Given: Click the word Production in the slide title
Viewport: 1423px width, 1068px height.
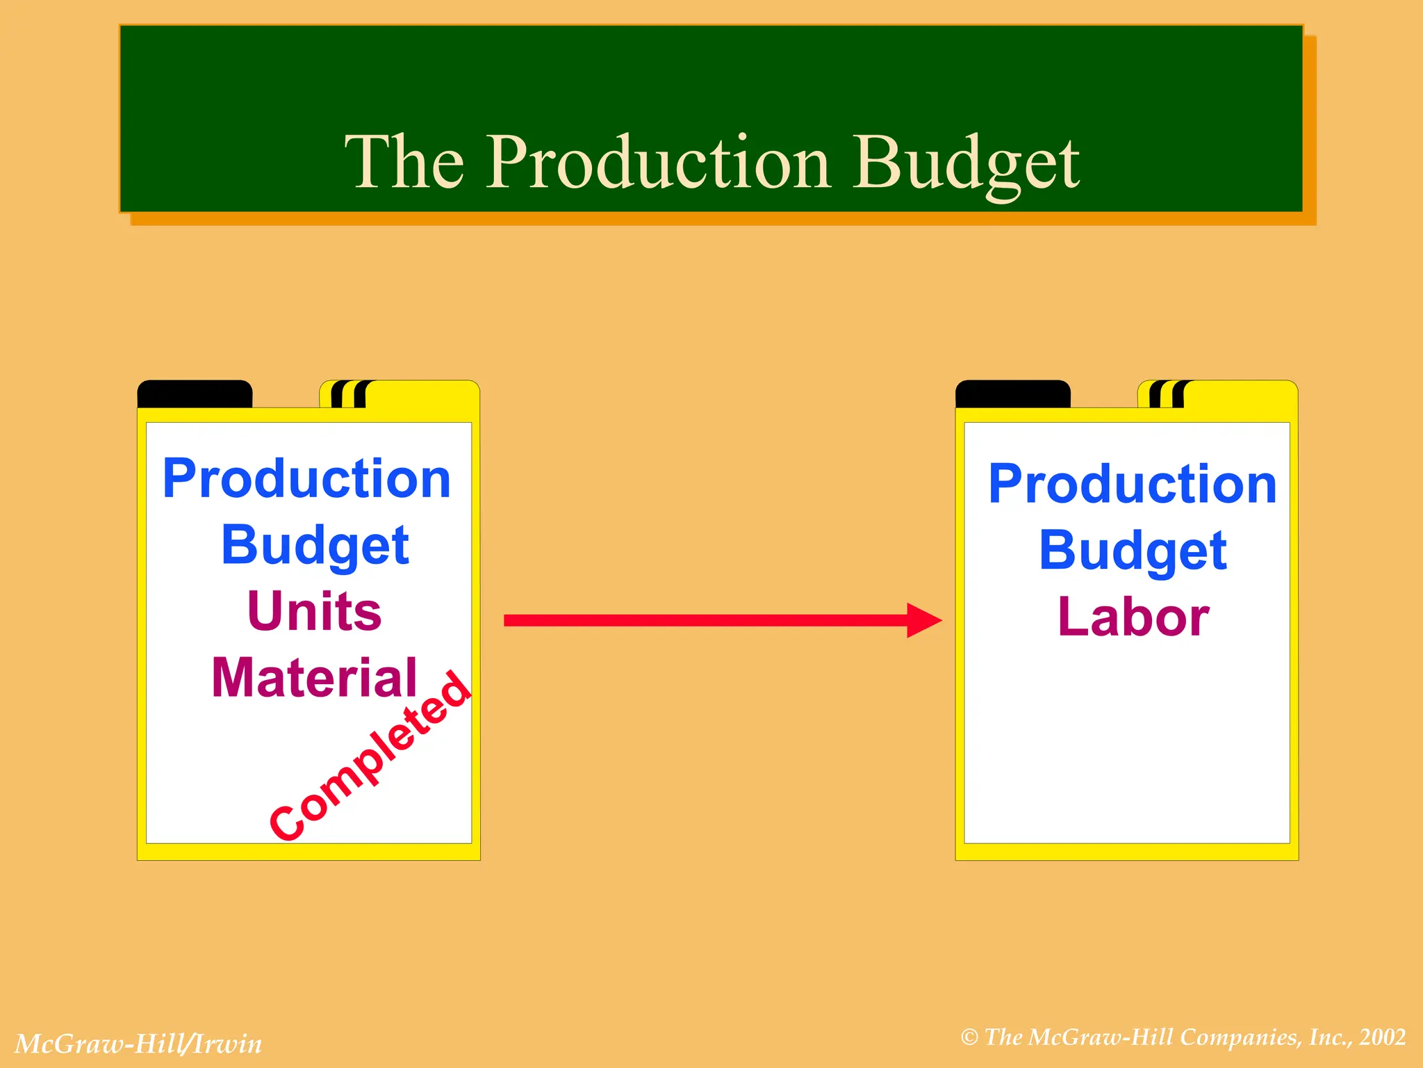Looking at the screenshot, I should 657,163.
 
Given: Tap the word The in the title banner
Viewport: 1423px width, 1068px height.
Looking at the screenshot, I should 404,163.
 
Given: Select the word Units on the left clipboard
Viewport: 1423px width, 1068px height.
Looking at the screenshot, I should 314,611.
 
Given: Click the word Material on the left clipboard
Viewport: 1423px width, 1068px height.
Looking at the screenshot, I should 314,678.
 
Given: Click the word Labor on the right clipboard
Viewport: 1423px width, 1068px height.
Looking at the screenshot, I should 1133,617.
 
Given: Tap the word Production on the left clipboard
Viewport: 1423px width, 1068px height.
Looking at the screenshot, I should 306,479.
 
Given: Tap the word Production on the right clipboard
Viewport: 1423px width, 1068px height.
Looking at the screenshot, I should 1133,484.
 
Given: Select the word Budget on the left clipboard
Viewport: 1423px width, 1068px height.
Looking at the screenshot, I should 315,546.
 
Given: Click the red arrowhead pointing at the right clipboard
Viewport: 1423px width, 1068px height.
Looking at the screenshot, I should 924,620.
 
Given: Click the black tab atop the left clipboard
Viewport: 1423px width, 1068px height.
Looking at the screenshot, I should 195,394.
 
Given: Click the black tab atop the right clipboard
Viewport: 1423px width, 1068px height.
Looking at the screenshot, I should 1013,394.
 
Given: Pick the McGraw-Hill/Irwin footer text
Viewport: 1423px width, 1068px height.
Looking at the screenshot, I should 138,1044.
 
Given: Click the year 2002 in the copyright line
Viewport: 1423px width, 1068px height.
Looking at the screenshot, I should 1383,1037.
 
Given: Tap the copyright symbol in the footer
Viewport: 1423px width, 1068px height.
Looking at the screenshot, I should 969,1038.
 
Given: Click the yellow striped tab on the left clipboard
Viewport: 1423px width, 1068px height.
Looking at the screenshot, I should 399,394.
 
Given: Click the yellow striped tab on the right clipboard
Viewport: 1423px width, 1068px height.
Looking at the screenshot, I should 1217,394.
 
